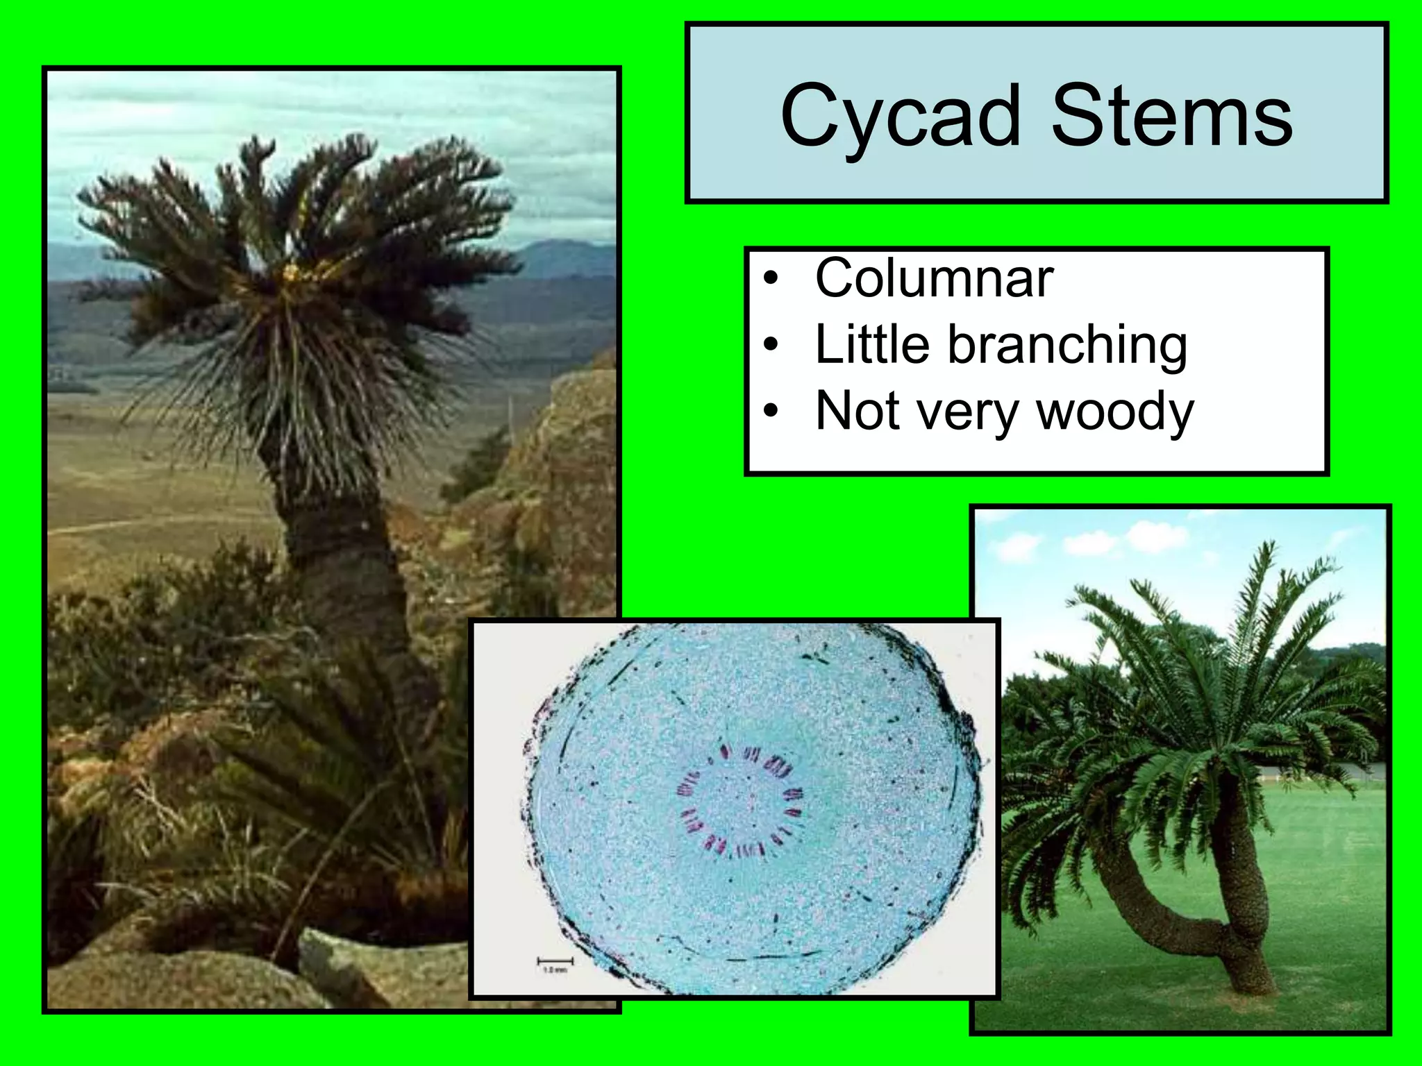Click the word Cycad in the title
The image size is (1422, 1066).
[x=900, y=117]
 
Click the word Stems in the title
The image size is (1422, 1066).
[x=1171, y=117]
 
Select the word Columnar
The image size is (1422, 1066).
[x=934, y=278]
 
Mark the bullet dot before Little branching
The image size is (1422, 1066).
[x=771, y=346]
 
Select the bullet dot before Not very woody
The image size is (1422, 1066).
[x=771, y=412]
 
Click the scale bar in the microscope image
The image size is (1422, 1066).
[x=555, y=961]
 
